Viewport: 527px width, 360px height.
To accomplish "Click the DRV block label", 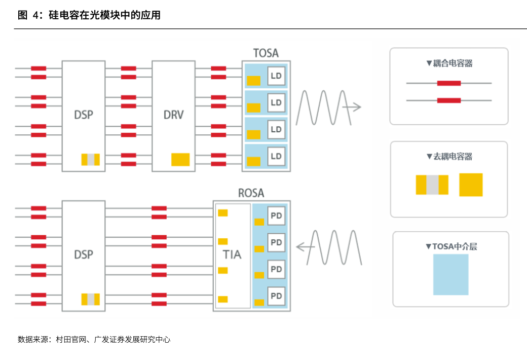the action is tap(173, 115).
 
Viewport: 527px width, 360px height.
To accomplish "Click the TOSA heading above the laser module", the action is tap(266, 53).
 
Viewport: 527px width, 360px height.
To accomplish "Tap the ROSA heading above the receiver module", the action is tap(251, 193).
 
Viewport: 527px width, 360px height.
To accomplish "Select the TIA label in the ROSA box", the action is tap(232, 255).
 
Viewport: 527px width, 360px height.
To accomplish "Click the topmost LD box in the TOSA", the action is tap(276, 76).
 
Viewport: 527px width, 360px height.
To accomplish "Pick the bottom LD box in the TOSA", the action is tap(276, 156).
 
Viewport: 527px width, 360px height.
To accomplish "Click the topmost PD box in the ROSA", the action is tap(276, 215).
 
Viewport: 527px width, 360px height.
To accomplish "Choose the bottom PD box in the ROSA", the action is tap(276, 296).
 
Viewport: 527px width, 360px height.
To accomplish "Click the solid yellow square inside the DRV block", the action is tap(180, 160).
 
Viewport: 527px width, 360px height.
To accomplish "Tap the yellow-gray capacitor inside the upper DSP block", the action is tap(90, 160).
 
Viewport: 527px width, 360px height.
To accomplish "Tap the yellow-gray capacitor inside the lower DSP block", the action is tap(90, 300).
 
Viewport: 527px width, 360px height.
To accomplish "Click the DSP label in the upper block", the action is tap(83, 115).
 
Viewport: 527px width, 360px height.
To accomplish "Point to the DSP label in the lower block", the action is tap(83, 255).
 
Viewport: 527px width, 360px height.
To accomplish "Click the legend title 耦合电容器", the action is tap(453, 63).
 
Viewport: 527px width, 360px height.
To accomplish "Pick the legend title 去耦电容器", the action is tap(453, 157).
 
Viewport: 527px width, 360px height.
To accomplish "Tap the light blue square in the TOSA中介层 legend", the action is tap(450, 274).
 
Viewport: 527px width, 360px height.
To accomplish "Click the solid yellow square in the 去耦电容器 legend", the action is tap(471, 185).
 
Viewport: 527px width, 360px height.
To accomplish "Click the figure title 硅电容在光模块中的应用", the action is tap(104, 15).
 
